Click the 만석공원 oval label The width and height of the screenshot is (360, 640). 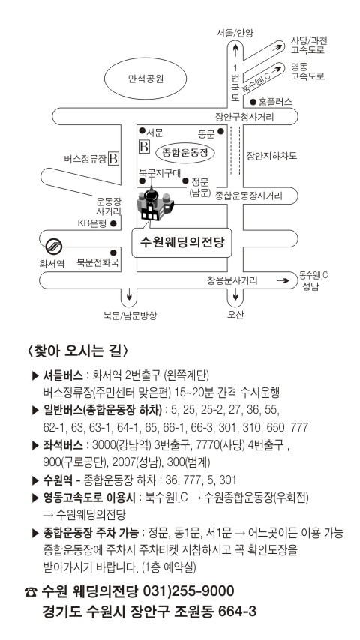[x=145, y=79]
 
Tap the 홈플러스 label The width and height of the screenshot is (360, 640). [x=276, y=102]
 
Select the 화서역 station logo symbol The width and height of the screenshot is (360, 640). [x=54, y=246]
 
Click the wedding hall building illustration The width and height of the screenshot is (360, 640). [x=155, y=204]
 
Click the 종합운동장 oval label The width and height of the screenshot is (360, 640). [x=185, y=153]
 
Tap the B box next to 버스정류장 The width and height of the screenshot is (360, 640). [x=113, y=158]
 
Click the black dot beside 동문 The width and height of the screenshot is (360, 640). [x=220, y=131]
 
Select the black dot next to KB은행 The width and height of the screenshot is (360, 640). [x=113, y=223]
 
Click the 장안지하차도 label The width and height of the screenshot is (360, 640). [x=271, y=156]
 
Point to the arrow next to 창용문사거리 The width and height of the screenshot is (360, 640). [x=283, y=280]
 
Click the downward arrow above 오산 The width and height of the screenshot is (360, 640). [x=235, y=294]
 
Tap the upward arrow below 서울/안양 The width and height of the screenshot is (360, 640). [x=235, y=50]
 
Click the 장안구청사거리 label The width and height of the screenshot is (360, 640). [x=244, y=117]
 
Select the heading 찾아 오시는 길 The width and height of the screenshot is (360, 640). [x=78, y=351]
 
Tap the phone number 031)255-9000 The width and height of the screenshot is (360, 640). [x=188, y=591]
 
